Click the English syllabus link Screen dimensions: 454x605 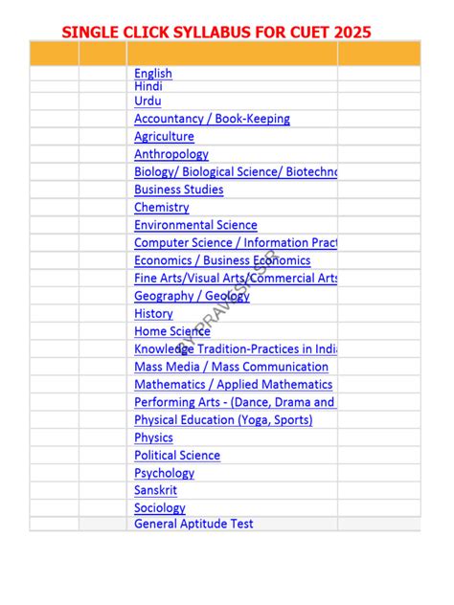(x=153, y=73)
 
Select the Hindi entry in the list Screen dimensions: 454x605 (x=148, y=86)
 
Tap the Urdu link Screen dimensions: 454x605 (x=148, y=101)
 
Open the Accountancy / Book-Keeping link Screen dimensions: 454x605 (x=212, y=119)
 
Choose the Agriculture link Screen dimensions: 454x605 (x=164, y=137)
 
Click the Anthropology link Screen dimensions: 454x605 (x=171, y=154)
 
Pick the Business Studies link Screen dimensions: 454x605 (x=179, y=190)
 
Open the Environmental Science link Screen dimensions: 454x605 (x=195, y=225)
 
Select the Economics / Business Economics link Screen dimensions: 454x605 (x=222, y=260)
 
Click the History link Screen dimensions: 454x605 (x=153, y=313)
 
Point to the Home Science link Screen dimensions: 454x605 (x=172, y=331)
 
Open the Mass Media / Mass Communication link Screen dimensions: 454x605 (x=231, y=367)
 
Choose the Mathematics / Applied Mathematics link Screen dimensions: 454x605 (x=233, y=384)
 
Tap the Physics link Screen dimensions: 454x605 (x=153, y=437)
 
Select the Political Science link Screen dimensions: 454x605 (x=177, y=455)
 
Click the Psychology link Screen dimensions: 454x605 (x=164, y=473)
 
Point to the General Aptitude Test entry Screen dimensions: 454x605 (x=193, y=524)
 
